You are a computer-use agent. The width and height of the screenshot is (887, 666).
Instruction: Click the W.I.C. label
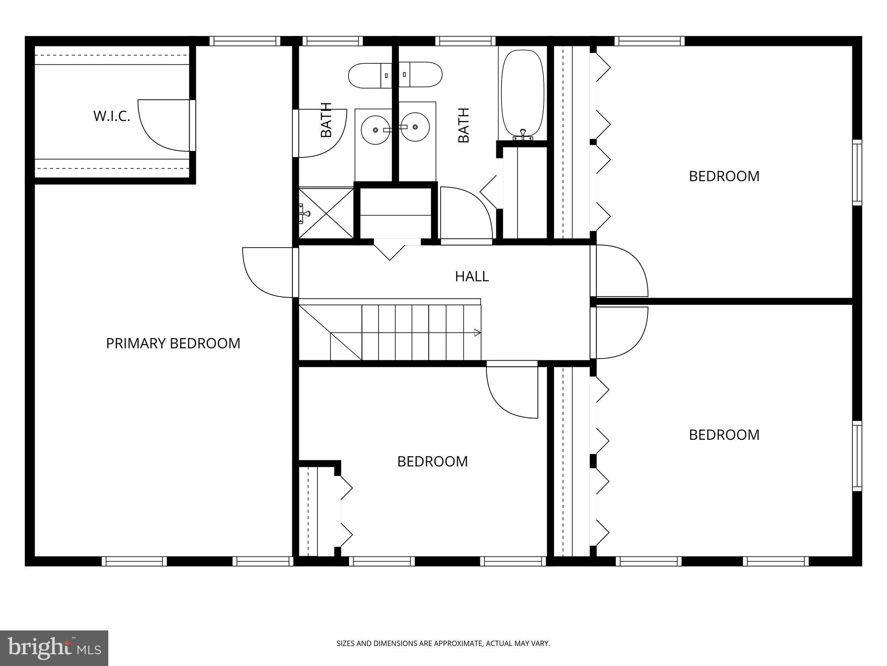coord(112,116)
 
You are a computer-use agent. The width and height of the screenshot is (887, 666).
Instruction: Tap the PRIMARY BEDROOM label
coord(173,343)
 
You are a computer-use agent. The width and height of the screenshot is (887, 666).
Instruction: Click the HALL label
coord(472,276)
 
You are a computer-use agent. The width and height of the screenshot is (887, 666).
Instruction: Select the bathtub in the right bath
coord(522,93)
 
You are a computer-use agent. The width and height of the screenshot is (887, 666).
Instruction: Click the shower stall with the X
coord(326,213)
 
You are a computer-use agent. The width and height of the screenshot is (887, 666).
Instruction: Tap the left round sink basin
coord(375,130)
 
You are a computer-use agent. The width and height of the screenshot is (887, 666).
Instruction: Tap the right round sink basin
coord(415,127)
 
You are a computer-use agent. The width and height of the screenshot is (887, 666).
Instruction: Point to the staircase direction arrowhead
coord(477,333)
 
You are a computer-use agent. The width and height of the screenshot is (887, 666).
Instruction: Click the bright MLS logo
coord(54,648)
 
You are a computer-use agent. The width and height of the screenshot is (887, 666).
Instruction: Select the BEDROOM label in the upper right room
coord(724,176)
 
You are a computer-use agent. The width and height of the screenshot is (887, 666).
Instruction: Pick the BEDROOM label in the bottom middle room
coord(432,461)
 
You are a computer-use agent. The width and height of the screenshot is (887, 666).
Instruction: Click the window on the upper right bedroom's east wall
coord(857,172)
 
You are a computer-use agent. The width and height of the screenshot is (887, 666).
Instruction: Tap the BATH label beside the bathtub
coord(463,125)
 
